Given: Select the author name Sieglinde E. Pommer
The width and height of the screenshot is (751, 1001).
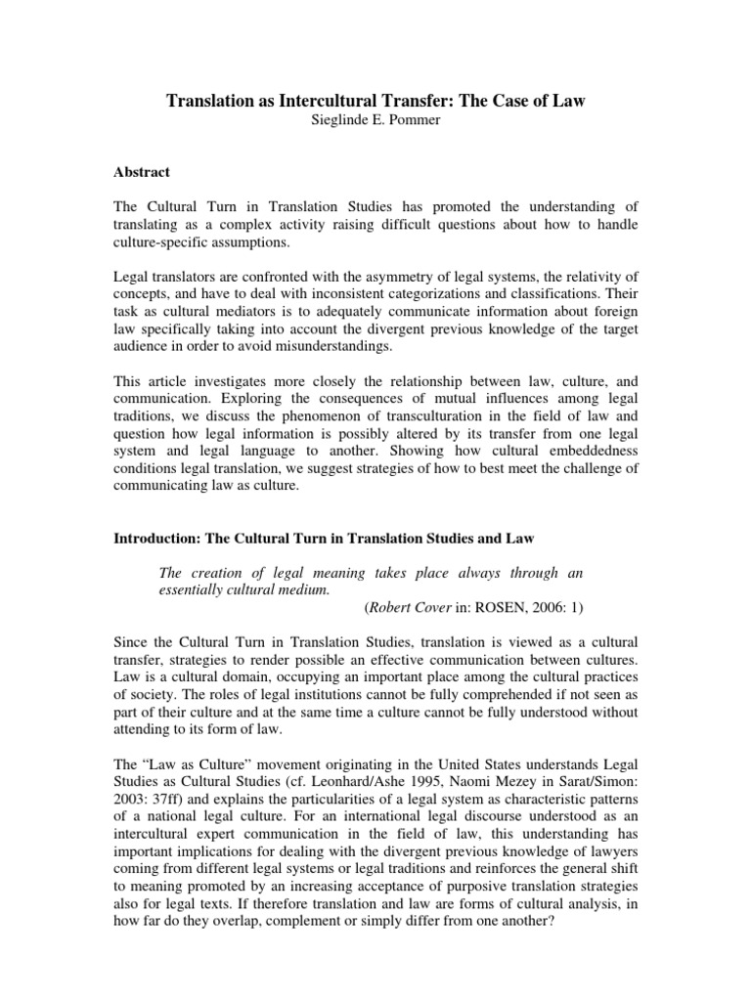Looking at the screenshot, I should (375, 120).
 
